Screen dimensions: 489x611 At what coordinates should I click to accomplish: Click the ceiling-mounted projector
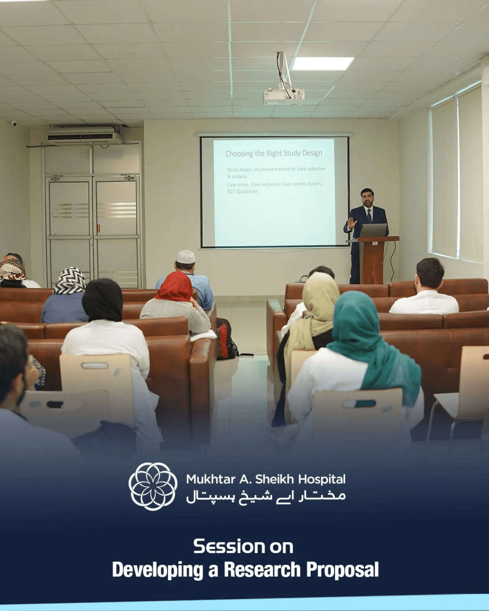(284, 95)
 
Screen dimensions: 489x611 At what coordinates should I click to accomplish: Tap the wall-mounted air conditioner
(85, 136)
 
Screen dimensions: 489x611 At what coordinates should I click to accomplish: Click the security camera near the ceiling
(14, 123)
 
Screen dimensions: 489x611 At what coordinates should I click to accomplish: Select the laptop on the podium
(373, 230)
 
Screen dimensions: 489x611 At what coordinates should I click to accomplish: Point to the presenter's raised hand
(351, 223)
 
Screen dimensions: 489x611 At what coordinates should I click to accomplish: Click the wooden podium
(373, 259)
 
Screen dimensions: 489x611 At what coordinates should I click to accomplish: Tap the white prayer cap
(185, 257)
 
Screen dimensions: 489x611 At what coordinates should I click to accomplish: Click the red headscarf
(175, 287)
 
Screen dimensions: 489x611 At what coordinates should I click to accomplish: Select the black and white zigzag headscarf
(70, 280)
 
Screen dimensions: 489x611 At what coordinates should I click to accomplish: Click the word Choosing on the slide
(239, 154)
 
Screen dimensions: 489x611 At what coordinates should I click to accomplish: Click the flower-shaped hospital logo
(153, 486)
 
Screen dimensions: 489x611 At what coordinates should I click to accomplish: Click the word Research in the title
(262, 569)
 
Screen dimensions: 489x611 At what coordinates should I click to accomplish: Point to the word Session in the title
(228, 547)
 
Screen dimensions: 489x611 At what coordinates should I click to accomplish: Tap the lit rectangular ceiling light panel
(323, 63)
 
